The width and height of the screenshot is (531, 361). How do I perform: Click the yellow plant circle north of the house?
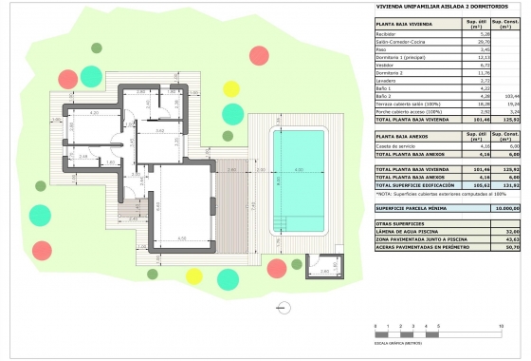click(x=230, y=88)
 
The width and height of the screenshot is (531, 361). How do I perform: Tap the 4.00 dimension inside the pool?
click(x=298, y=170)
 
